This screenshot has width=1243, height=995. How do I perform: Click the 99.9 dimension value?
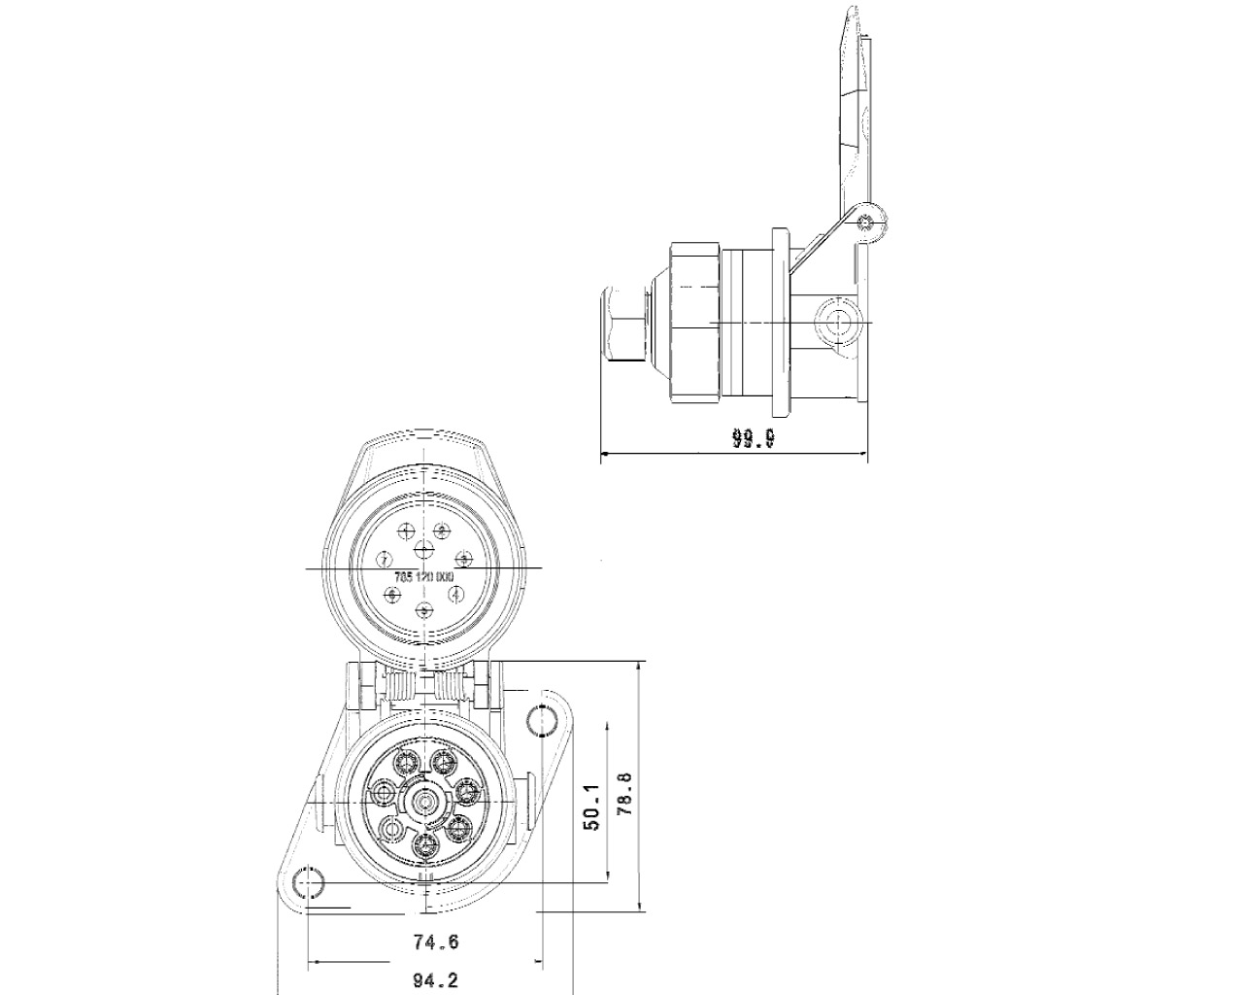pyautogui.click(x=753, y=439)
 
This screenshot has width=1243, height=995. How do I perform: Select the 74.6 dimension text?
pyautogui.click(x=435, y=942)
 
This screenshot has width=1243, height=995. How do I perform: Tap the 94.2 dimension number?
pyautogui.click(x=435, y=980)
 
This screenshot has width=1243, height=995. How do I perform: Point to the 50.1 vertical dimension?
pyautogui.click(x=591, y=807)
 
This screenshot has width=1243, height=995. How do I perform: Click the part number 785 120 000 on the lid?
pyautogui.click(x=423, y=576)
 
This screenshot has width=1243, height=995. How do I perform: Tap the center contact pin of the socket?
pyautogui.click(x=424, y=801)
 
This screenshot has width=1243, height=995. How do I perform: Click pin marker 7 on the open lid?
pyautogui.click(x=385, y=559)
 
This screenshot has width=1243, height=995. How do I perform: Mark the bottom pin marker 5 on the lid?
pyautogui.click(x=424, y=610)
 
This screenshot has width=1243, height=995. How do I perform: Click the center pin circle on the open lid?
pyautogui.click(x=424, y=550)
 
